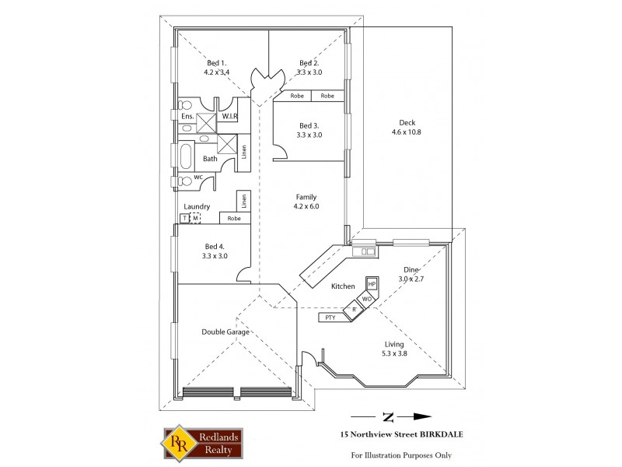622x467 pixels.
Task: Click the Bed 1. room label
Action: pyautogui.click(x=216, y=63)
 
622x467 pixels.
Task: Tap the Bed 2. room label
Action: pyautogui.click(x=309, y=63)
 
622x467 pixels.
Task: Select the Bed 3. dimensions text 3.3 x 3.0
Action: pyautogui.click(x=309, y=134)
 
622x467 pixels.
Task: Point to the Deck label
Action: pyautogui.click(x=407, y=123)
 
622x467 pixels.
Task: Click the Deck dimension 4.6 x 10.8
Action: pyautogui.click(x=407, y=132)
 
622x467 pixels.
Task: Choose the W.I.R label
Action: pyautogui.click(x=229, y=116)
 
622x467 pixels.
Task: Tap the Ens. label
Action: pyautogui.click(x=187, y=117)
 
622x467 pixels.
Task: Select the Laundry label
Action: pyautogui.click(x=197, y=206)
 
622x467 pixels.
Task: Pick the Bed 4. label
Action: pyautogui.click(x=215, y=247)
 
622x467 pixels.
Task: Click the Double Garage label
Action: pyautogui.click(x=225, y=332)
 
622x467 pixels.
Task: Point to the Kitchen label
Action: pyautogui.click(x=343, y=286)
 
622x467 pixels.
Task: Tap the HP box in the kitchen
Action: pyautogui.click(x=371, y=284)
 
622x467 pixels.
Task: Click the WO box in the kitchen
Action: pyautogui.click(x=365, y=299)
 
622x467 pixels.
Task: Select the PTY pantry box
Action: pyautogui.click(x=330, y=318)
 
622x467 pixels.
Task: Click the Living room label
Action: pyautogui.click(x=396, y=343)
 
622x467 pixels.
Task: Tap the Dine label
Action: pyautogui.click(x=410, y=269)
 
